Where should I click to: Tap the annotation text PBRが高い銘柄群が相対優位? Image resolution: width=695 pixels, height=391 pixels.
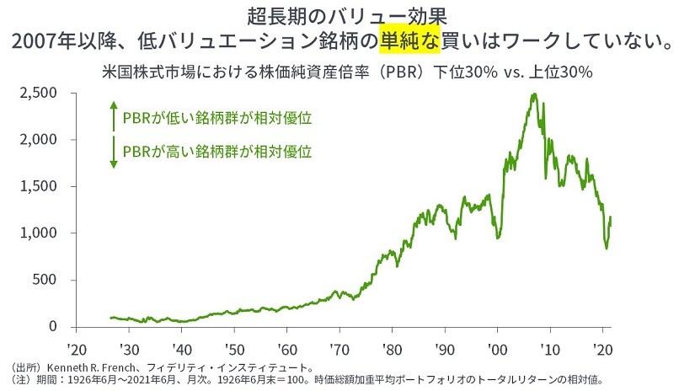tap(217, 153)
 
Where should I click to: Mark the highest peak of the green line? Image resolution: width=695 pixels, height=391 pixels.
tap(533, 94)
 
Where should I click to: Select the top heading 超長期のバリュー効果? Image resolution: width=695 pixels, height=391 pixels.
tap(348, 15)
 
